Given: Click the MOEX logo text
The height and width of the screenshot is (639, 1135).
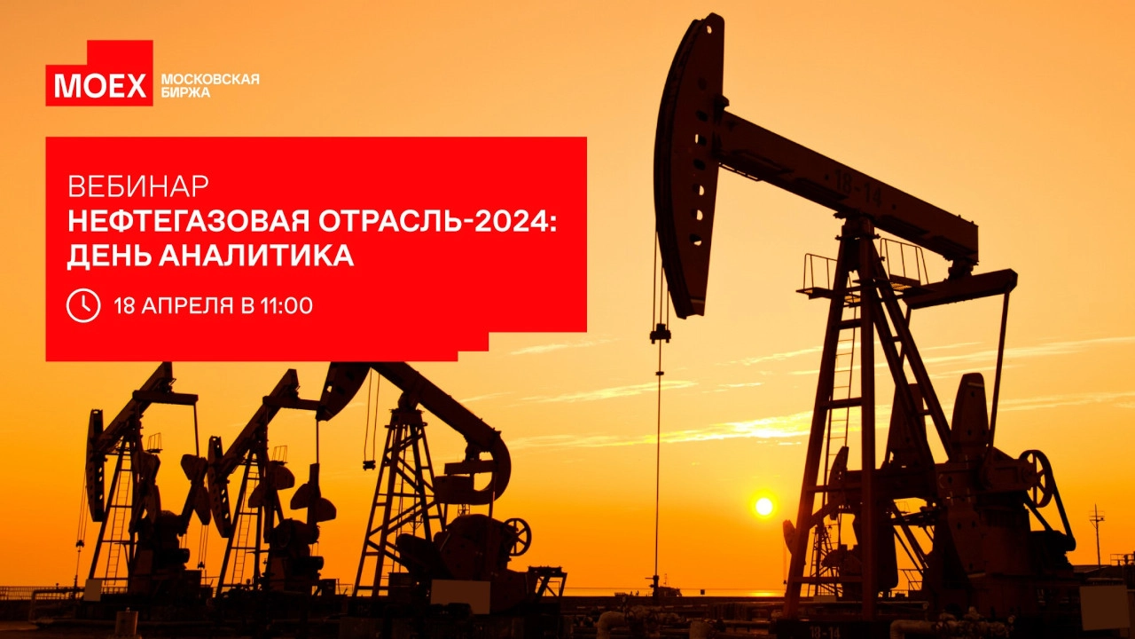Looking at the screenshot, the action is (x=100, y=86).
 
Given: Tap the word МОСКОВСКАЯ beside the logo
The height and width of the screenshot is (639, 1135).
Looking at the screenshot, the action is (x=210, y=80).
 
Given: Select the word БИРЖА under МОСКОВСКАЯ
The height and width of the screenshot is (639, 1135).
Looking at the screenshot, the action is (x=185, y=93).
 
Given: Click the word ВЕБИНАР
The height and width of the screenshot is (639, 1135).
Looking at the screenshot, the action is (x=137, y=186).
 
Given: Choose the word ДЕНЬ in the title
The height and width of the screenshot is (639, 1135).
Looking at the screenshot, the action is (x=109, y=256).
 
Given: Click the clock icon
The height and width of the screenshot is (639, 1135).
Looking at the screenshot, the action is (x=83, y=305).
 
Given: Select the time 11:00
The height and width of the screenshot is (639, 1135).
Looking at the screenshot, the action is (x=286, y=306).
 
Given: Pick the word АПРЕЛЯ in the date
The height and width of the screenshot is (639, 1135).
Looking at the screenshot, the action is (x=187, y=306).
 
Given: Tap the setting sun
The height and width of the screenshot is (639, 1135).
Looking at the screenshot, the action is (x=764, y=506).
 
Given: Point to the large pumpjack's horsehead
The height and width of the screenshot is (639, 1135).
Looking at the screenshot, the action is (x=689, y=162).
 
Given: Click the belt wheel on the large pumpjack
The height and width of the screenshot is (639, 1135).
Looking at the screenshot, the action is (x=1037, y=478).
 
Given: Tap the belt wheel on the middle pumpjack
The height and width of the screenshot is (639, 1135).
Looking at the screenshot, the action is (x=517, y=537).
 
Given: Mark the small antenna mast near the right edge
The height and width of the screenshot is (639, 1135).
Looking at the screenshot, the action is (x=1097, y=535).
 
